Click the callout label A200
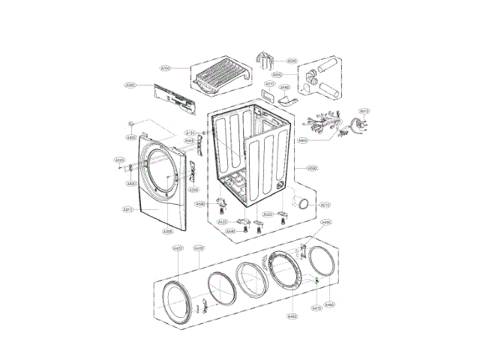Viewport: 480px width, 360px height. (166, 68)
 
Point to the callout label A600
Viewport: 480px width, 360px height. (298, 75)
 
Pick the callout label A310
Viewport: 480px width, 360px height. (127, 209)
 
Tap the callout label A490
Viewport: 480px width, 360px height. (325, 223)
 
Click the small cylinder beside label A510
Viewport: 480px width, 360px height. (303, 203)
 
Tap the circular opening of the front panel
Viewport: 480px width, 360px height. (160, 173)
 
